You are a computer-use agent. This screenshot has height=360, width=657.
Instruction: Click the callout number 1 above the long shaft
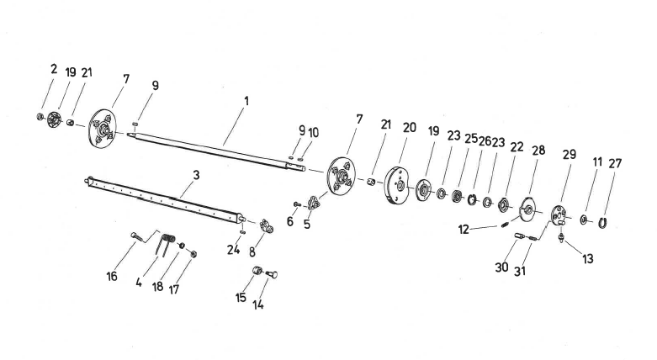coord(246,102)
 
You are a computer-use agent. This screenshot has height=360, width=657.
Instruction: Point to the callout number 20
coord(410,127)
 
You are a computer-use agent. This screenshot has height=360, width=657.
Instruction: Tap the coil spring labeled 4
coord(167,245)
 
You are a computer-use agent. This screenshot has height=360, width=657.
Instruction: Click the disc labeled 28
coord(530,208)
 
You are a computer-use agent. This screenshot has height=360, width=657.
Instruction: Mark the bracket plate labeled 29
coord(559,215)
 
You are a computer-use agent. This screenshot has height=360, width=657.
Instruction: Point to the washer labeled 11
coord(584,219)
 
